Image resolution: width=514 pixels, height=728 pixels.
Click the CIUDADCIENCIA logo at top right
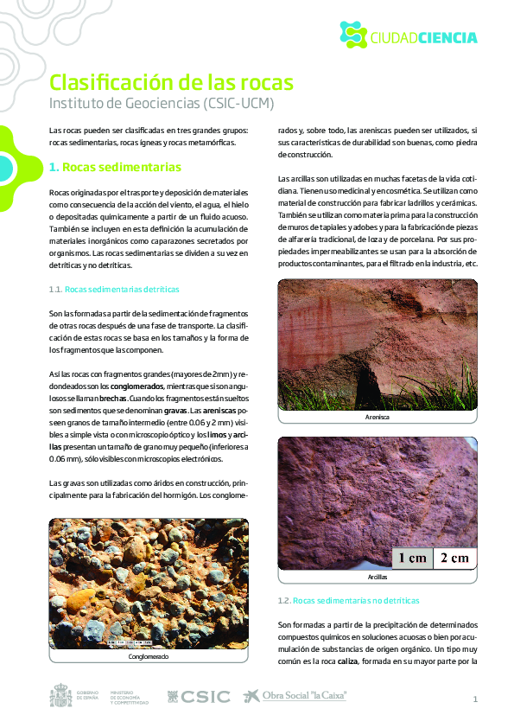pyautogui.click(x=408, y=35)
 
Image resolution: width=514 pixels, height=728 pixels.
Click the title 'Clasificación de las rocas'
pyautogui.click(x=171, y=82)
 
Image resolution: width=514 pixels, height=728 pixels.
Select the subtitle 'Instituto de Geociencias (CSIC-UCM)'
pyautogui.click(x=162, y=104)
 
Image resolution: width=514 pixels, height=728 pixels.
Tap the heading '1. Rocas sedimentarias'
pyautogui.click(x=115, y=166)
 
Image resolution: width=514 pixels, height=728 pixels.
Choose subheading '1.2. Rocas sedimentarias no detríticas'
pyautogui.click(x=348, y=600)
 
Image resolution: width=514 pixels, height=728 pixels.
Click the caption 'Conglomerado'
pyautogui.click(x=149, y=657)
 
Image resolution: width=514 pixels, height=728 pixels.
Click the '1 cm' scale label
pyautogui.click(x=411, y=558)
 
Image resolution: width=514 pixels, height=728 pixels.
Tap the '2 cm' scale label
pyautogui.click(x=454, y=558)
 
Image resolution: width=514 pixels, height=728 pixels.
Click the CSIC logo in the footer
pyautogui.click(x=199, y=696)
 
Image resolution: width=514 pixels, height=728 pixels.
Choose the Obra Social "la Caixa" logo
pyautogui.click(x=295, y=696)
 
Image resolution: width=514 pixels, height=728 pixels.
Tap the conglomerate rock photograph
pyautogui.click(x=149, y=584)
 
